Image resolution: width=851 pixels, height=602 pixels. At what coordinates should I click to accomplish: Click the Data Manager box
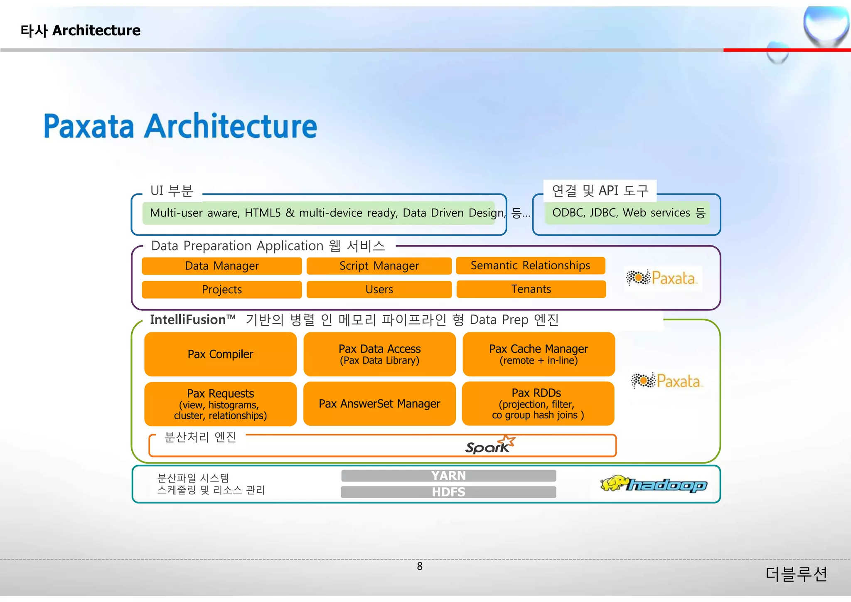221,266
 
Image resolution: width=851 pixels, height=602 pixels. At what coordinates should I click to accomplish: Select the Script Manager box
379,266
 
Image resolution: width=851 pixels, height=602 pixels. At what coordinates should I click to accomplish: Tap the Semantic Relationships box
530,265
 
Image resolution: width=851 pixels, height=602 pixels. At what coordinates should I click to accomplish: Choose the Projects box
221,290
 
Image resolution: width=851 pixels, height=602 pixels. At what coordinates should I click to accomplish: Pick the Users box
379,290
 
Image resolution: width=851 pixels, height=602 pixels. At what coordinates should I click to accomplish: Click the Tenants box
531,289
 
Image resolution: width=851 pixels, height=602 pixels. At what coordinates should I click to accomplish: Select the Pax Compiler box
220,354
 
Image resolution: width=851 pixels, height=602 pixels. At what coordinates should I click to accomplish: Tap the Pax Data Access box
379,354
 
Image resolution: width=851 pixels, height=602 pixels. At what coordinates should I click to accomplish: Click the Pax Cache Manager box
539,354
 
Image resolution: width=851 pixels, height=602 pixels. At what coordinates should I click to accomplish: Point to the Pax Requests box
220,404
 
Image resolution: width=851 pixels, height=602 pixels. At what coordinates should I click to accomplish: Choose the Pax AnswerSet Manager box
379,404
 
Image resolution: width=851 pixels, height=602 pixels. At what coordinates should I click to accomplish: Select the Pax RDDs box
538,404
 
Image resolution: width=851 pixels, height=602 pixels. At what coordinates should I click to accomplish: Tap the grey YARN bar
448,476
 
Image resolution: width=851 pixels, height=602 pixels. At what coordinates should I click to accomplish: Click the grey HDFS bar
448,492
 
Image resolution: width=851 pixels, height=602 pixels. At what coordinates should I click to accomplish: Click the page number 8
420,566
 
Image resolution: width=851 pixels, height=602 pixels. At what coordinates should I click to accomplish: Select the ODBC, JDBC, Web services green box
627,213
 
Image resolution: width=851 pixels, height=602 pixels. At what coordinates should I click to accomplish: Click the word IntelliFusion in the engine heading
188,320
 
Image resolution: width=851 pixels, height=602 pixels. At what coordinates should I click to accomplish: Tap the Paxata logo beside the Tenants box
663,278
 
